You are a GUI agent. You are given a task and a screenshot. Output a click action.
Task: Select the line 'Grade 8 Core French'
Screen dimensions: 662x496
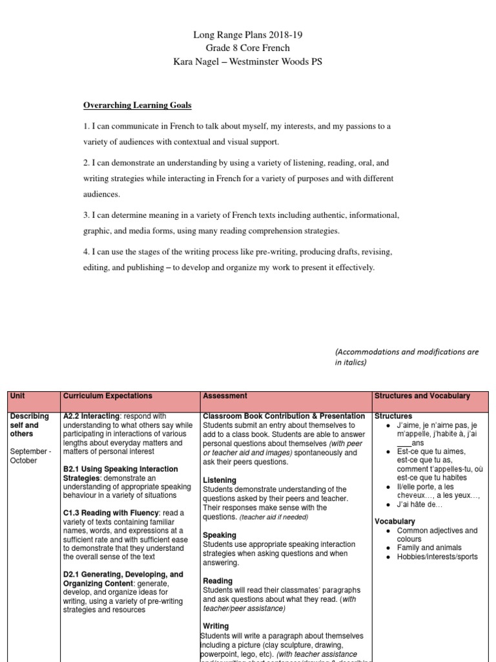click(247, 48)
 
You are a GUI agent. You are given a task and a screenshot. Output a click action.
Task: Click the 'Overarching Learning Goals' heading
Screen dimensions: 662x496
click(138, 105)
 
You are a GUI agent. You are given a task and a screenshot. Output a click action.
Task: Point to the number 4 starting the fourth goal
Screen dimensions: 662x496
click(85, 251)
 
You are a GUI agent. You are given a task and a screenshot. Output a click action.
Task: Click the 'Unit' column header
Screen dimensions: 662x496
click(18, 396)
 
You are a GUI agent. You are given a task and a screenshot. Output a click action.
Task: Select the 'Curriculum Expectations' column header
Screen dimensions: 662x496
click(107, 396)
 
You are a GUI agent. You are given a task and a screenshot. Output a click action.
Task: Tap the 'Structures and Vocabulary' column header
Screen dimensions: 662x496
click(422, 396)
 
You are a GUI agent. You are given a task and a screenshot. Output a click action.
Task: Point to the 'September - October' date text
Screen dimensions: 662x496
click(31, 456)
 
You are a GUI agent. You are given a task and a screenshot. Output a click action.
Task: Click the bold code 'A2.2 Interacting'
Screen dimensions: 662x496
click(91, 416)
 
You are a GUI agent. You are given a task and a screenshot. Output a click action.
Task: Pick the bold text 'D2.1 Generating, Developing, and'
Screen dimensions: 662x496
click(123, 574)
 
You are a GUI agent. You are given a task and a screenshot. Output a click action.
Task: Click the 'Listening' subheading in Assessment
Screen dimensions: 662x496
click(220, 480)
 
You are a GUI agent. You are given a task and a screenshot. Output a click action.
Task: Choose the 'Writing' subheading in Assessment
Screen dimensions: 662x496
click(216, 626)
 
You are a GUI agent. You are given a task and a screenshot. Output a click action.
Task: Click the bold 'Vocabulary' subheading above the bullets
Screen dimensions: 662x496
click(395, 521)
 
